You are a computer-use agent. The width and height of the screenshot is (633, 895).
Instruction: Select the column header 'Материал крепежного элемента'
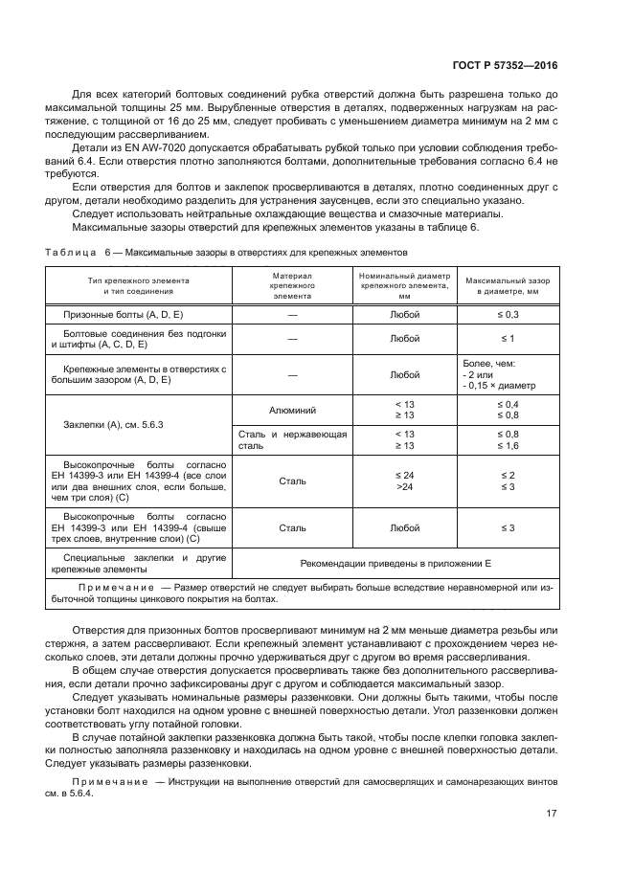tap(293, 285)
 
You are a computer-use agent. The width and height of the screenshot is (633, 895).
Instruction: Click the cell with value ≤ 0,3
tap(509, 314)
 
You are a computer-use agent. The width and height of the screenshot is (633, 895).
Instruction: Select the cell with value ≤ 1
tap(509, 339)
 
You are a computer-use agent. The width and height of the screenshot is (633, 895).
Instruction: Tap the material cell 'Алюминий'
tap(293, 410)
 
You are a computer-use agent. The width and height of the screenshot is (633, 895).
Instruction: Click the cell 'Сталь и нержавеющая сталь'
tap(293, 440)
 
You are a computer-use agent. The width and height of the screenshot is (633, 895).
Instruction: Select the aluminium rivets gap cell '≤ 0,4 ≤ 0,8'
tap(509, 410)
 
